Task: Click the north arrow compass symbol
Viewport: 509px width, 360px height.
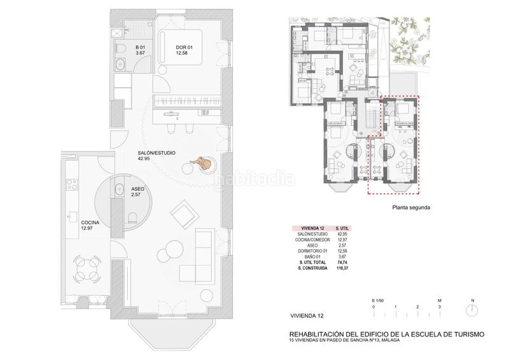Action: (x=473, y=310)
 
